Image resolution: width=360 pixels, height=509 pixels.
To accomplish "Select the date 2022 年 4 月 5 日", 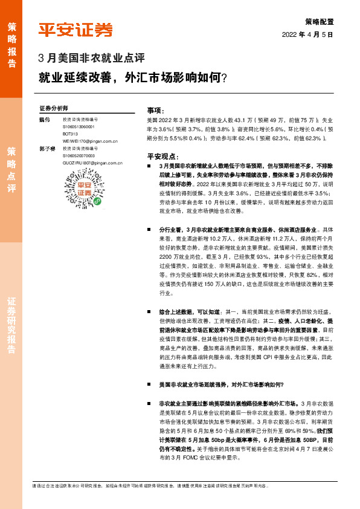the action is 308,34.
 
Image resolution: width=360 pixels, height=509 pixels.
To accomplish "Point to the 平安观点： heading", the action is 160,155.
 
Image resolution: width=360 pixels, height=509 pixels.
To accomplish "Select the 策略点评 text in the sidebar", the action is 11,169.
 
